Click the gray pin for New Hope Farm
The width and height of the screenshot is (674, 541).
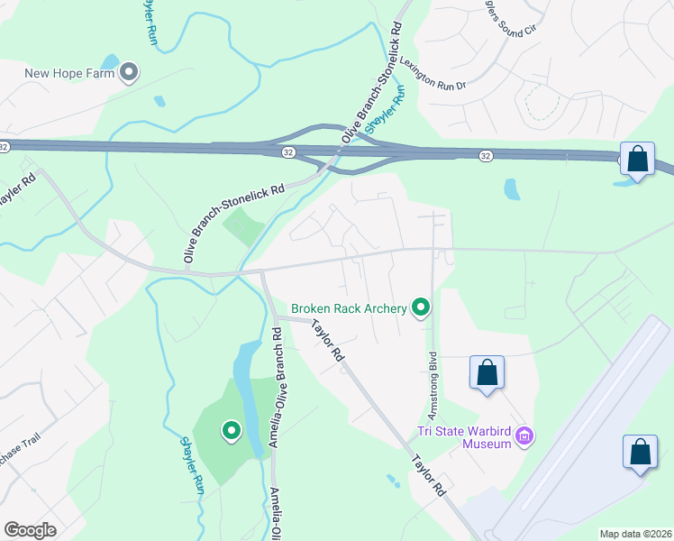click(129, 72)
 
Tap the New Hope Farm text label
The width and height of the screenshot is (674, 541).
click(69, 74)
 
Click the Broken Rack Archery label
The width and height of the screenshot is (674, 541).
click(349, 309)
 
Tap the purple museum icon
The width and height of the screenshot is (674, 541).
click(525, 439)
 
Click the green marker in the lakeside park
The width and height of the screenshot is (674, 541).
click(232, 431)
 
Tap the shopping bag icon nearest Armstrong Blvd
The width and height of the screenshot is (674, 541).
click(487, 371)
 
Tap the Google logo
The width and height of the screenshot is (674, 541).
click(30, 530)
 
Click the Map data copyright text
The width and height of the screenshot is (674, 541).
click(635, 534)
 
